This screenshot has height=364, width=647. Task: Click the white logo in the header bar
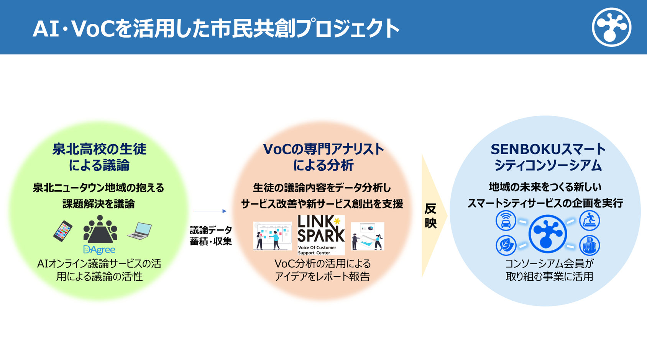coord(611,27)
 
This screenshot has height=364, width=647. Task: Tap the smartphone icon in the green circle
coord(63,231)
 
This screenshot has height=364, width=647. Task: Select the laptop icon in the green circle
coord(140,231)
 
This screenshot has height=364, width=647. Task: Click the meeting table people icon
coord(100,229)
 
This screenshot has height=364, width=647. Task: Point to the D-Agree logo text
coord(99,250)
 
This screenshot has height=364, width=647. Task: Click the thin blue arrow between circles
coord(210,211)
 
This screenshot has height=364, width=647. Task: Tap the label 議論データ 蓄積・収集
coord(211,236)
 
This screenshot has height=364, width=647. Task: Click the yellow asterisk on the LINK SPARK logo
coord(337,221)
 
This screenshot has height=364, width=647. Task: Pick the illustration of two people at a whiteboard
coord(272,236)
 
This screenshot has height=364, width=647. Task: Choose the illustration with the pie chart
coord(367,236)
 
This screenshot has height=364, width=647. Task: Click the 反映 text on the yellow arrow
coord(430,216)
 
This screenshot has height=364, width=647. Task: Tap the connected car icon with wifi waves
coord(506,221)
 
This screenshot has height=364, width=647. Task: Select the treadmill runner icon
coord(589,220)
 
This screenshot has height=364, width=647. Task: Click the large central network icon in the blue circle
coord(547,234)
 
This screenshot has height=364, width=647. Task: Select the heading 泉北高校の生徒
coord(99,149)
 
